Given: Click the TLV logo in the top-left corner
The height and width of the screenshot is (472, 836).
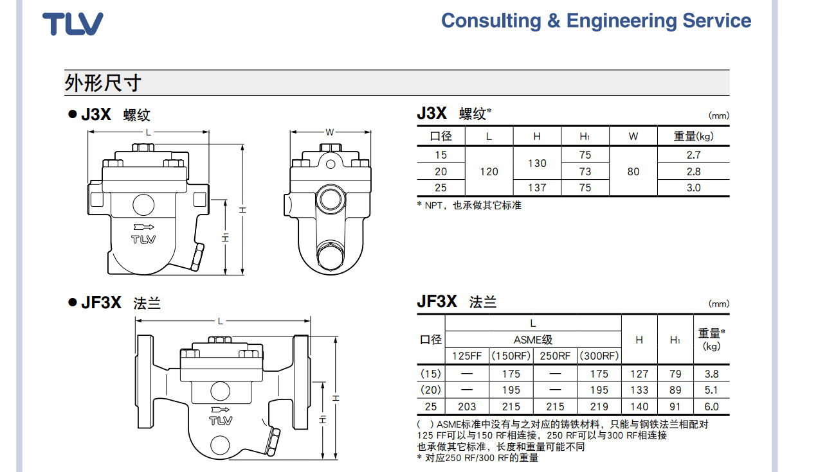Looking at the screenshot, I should pyautogui.click(x=73, y=24).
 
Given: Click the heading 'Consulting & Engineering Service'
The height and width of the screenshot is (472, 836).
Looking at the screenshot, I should pyautogui.click(x=595, y=21).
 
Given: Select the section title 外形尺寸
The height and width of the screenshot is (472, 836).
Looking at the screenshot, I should pyautogui.click(x=103, y=83).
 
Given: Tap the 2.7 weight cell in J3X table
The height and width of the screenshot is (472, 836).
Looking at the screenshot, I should pyautogui.click(x=693, y=155).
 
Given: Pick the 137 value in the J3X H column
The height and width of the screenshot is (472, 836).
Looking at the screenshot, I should pyautogui.click(x=537, y=188).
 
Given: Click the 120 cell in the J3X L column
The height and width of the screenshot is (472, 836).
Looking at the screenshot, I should pyautogui.click(x=489, y=171).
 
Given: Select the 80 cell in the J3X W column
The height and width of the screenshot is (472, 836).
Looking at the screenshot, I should pyautogui.click(x=633, y=171).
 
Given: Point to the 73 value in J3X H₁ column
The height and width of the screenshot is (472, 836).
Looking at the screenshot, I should pyautogui.click(x=585, y=171).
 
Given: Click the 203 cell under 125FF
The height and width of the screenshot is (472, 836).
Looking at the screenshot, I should pyautogui.click(x=467, y=406).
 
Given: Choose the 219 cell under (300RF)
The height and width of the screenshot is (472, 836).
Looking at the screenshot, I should pyautogui.click(x=599, y=406).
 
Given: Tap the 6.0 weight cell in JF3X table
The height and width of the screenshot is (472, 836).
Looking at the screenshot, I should pyautogui.click(x=711, y=406).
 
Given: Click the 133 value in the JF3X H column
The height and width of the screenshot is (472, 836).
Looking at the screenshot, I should pyautogui.click(x=639, y=390).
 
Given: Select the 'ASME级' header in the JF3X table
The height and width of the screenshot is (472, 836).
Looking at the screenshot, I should pyautogui.click(x=532, y=340).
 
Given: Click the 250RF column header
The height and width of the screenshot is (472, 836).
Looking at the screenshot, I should pyautogui.click(x=555, y=356).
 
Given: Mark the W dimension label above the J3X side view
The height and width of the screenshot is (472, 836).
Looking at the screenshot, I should pyautogui.click(x=330, y=132).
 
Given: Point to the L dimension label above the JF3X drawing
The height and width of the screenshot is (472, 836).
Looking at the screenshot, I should pyautogui.click(x=221, y=320).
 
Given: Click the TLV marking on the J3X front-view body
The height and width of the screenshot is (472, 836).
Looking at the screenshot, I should pyautogui.click(x=143, y=240).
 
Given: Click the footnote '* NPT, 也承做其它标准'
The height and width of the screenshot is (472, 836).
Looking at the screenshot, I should pyautogui.click(x=469, y=205).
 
